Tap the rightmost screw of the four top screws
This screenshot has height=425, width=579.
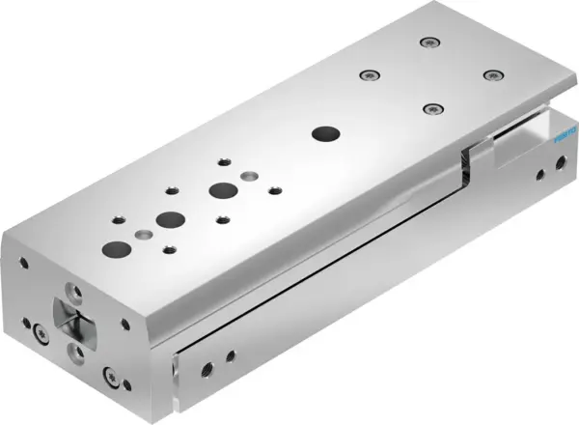(493, 74)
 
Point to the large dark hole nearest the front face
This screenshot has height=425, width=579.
(121, 248)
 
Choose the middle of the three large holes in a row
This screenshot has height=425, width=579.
(172, 218)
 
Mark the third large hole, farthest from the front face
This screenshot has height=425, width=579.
(223, 189)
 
